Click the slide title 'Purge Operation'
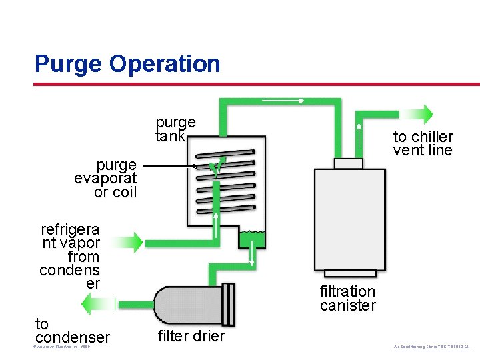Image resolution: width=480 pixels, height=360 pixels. (127, 64)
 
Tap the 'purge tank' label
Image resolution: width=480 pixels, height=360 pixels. (175, 129)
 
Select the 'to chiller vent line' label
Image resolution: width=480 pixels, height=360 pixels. (423, 143)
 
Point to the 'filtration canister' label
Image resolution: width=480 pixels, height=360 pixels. (347, 298)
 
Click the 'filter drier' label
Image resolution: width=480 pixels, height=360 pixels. (191, 335)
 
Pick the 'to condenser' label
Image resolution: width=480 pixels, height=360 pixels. (72, 331)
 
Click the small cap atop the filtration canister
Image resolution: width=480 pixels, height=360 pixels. (348, 163)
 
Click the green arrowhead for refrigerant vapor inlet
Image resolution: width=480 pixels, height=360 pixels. (137, 242)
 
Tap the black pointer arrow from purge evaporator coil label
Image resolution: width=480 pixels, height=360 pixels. (170, 166)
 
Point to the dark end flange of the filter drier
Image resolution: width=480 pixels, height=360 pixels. (229, 305)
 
